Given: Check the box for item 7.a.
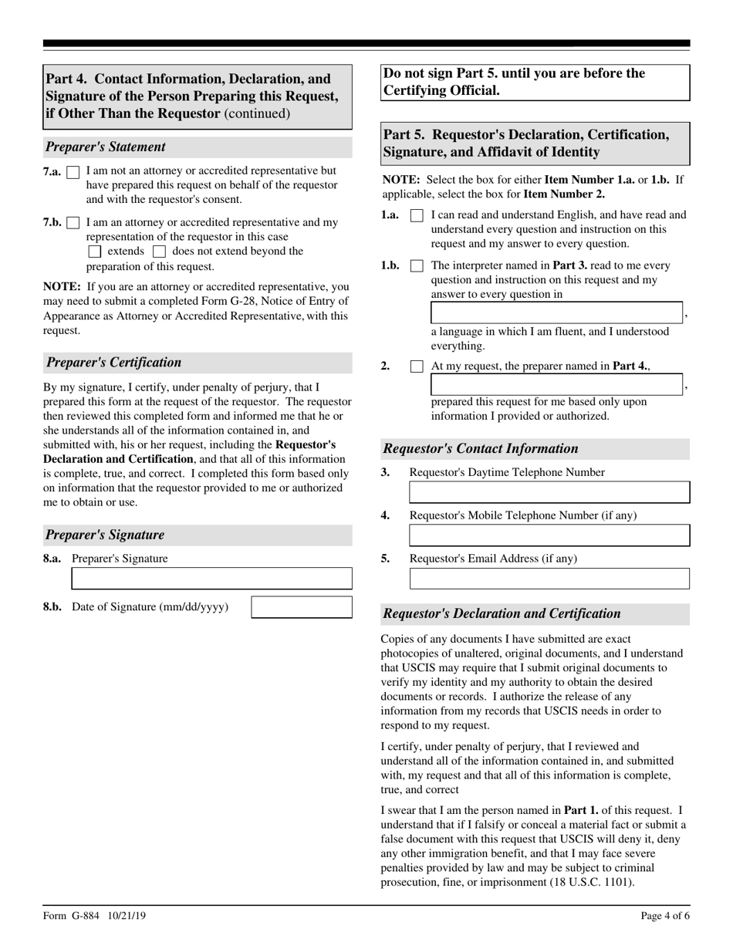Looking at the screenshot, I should click(73, 171).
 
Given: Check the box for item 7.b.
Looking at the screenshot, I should click(73, 223).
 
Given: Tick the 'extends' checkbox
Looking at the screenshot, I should click(95, 252).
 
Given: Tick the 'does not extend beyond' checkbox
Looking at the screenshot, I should click(159, 252).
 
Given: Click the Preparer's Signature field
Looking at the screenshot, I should click(211, 579).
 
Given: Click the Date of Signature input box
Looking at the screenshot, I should click(302, 607).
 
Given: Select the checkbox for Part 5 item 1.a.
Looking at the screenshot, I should click(417, 216).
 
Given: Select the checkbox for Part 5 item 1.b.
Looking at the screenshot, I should click(417, 266).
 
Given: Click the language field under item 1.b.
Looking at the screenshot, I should click(556, 313).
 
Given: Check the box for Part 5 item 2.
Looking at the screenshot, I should click(417, 367).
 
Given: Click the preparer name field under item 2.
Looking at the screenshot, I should click(556, 385).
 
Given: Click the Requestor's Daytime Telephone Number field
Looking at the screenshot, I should click(549, 492).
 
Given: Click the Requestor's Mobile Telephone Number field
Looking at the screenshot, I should click(549, 535).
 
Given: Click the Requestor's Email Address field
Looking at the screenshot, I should click(549, 579).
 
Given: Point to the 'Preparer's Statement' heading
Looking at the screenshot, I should click(106, 147).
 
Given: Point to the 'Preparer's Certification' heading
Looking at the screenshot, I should click(114, 363).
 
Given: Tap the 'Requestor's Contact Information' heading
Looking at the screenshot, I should click(480, 449).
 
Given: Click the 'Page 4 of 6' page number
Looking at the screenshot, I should click(665, 916).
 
